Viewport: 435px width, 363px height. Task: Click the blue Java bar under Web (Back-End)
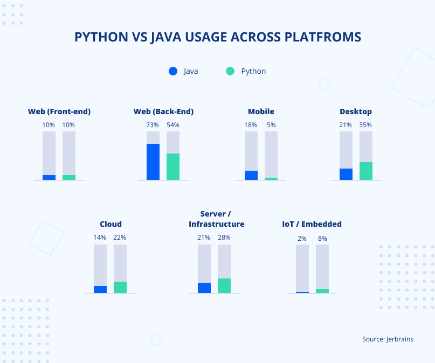tap(153, 162)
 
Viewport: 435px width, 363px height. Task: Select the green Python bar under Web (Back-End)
tap(173, 166)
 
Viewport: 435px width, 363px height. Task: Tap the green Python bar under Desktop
tap(366, 171)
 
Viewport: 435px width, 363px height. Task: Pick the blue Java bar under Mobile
tap(251, 175)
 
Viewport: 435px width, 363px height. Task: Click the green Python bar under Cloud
tap(120, 287)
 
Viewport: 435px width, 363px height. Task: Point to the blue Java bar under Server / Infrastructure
tap(204, 288)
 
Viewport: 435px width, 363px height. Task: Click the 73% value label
tap(153, 125)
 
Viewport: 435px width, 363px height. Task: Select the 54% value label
tap(173, 125)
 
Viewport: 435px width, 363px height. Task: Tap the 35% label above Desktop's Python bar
tap(366, 125)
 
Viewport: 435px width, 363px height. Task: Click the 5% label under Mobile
tap(271, 125)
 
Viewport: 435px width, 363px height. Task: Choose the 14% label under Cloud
tap(100, 238)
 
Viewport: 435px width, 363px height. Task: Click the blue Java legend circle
tap(173, 71)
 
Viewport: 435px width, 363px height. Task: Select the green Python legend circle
tap(230, 71)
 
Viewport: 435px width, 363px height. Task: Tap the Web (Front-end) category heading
tap(59, 112)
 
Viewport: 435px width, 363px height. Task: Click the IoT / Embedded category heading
tap(312, 224)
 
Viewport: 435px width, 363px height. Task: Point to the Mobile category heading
tap(261, 112)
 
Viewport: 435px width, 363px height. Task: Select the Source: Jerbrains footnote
tap(388, 339)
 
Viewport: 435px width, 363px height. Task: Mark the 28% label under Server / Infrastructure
tap(224, 238)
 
